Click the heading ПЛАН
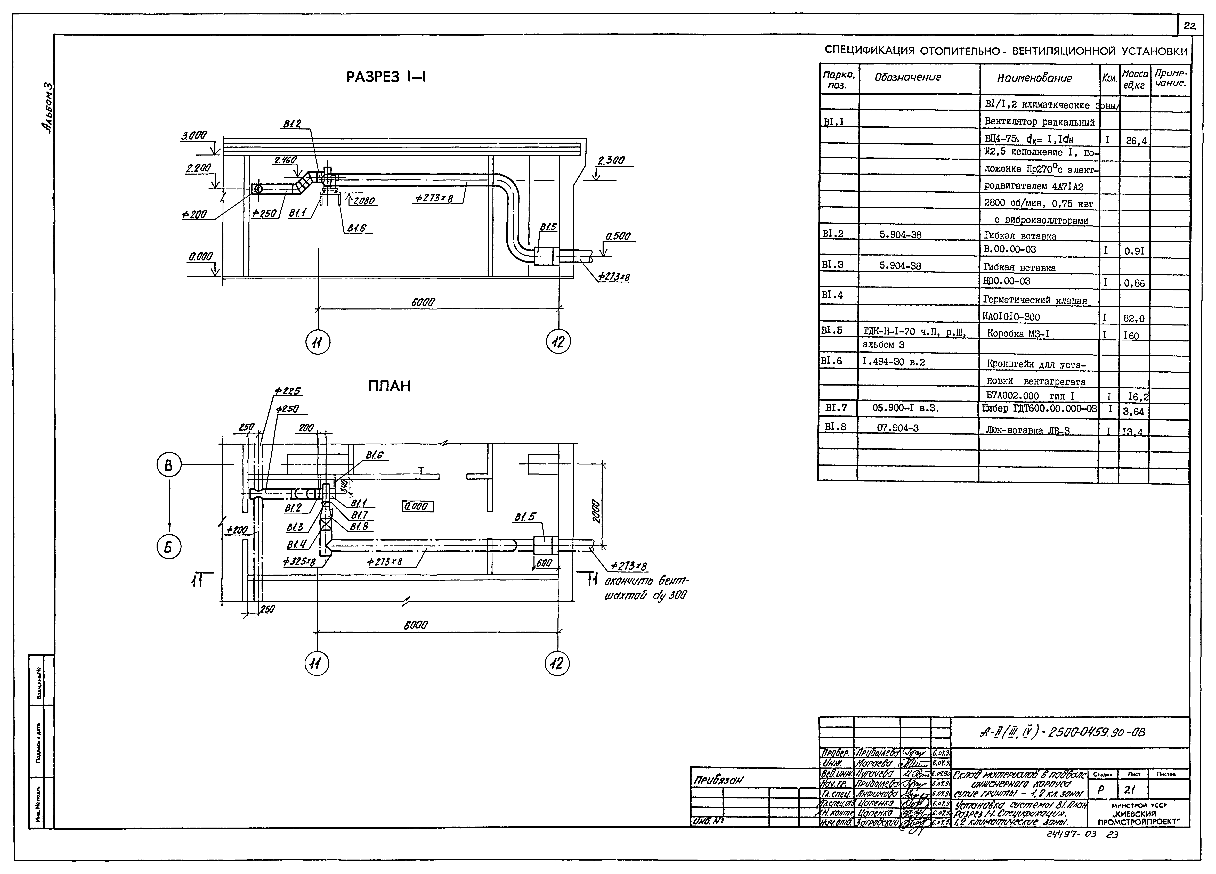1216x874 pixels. pyautogui.click(x=390, y=387)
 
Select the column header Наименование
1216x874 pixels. pyautogui.click(x=1034, y=78)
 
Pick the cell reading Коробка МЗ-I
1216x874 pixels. pyautogui.click(x=1018, y=333)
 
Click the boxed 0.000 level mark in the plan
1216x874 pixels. pyautogui.click(x=418, y=506)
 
